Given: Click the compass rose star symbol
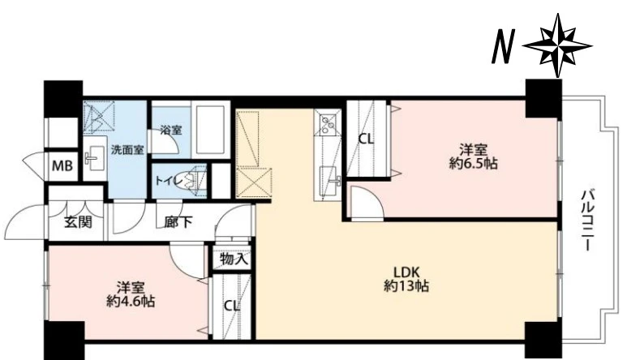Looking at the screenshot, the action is tap(557, 45).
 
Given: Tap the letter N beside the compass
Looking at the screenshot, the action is tap(502, 46).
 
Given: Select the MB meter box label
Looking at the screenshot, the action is tap(62, 165).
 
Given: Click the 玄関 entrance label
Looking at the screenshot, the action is tap(78, 221).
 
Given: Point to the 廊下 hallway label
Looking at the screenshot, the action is tap(178, 222).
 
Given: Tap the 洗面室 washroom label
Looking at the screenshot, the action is tap(127, 149).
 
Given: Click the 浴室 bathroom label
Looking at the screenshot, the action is tap(171, 130).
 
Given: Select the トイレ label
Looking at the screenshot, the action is tap(169, 181).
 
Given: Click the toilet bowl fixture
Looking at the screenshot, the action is tap(193, 181).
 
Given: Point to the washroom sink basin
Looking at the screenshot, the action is tap(94, 157).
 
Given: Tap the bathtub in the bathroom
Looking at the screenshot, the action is tap(210, 130).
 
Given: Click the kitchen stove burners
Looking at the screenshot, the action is tap(328, 124).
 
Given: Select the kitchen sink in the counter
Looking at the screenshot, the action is tap(329, 181).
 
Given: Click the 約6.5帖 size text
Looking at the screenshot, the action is tap(474, 165).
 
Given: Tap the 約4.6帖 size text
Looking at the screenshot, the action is tap(131, 302).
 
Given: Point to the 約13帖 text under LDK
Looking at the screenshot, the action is tap(406, 286).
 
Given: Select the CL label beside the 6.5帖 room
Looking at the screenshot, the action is tap(366, 139).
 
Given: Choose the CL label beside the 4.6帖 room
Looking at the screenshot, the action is tap(232, 306).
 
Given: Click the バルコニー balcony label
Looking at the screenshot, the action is tap(586, 221).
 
